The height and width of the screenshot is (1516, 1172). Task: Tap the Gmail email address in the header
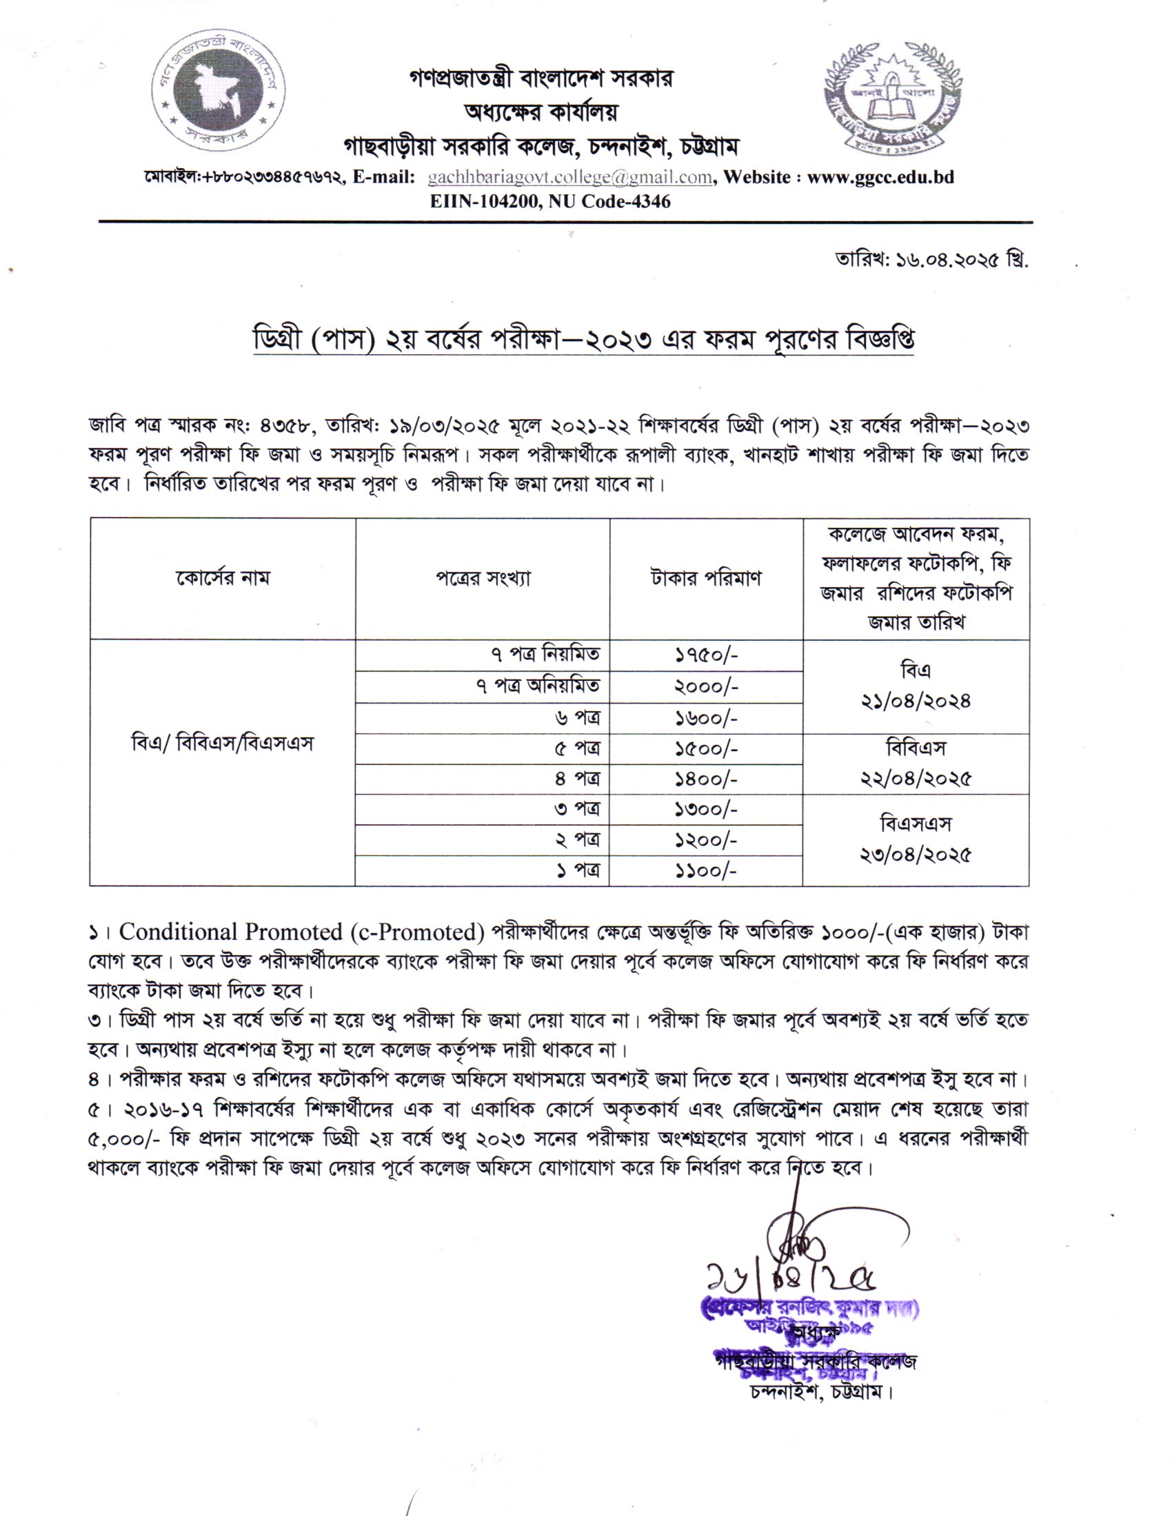click(x=570, y=177)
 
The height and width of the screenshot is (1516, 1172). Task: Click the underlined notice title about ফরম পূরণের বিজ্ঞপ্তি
click(x=582, y=340)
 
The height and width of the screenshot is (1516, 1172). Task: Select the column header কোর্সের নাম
click(x=222, y=577)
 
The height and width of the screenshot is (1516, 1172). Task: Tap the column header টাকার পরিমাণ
click(x=705, y=577)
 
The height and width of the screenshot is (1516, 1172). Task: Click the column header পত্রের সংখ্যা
click(x=483, y=577)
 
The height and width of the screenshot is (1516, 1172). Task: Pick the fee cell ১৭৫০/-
click(x=705, y=655)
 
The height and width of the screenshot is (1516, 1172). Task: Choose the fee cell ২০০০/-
click(x=705, y=686)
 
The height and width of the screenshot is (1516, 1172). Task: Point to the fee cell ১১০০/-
click(x=705, y=870)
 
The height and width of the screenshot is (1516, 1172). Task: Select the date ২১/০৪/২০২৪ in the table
click(x=915, y=701)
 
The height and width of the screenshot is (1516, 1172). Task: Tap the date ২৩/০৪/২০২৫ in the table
click(x=915, y=854)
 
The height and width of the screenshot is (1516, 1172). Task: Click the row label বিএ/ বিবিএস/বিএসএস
click(x=222, y=744)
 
